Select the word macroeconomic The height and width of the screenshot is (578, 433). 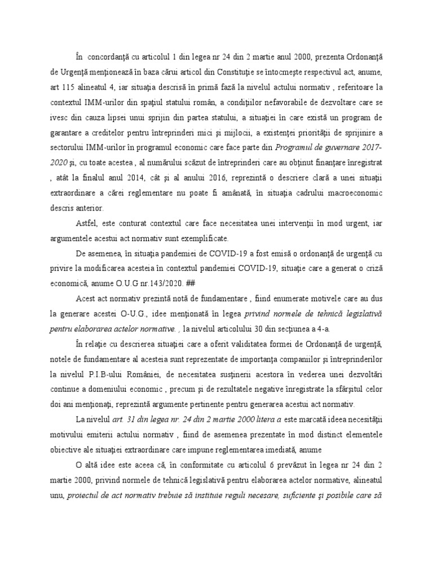click(x=349, y=193)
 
